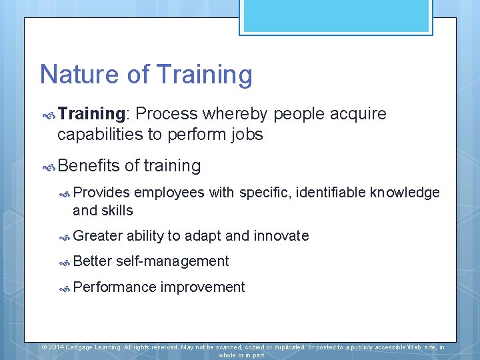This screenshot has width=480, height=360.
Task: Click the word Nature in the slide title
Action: click(x=75, y=75)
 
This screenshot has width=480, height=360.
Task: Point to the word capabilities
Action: click(x=100, y=135)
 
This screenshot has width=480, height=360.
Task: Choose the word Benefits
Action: click(x=88, y=165)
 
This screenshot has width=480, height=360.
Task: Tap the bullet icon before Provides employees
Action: click(x=65, y=193)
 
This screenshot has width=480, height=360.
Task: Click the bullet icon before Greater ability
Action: click(x=65, y=236)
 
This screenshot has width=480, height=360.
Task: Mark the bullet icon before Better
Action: click(x=65, y=262)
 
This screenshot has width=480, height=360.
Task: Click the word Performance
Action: click(x=114, y=287)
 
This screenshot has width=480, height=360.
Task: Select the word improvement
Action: click(x=203, y=287)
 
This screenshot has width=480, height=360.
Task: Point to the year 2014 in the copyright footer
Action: click(x=57, y=347)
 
